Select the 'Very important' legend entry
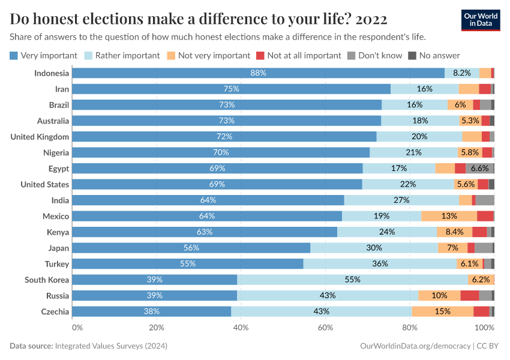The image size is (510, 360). point(44,55)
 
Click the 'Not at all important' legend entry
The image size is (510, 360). point(299,55)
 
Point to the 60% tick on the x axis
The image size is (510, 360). point(326,328)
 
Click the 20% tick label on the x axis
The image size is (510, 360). point(157,328)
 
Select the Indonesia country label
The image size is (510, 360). point(52,73)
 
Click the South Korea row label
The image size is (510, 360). point(47,280)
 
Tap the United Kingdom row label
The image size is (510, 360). point(40,137)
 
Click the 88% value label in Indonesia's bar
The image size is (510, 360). point(258,73)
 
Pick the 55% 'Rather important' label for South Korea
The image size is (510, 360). point(352,280)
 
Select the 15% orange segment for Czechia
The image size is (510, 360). point(442,311)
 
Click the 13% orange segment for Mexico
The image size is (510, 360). point(449,216)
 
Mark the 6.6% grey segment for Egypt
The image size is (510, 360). point(479,169)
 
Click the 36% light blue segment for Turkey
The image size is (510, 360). point(380,264)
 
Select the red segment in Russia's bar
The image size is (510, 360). point(469,296)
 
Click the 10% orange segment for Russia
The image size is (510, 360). point(439,296)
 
